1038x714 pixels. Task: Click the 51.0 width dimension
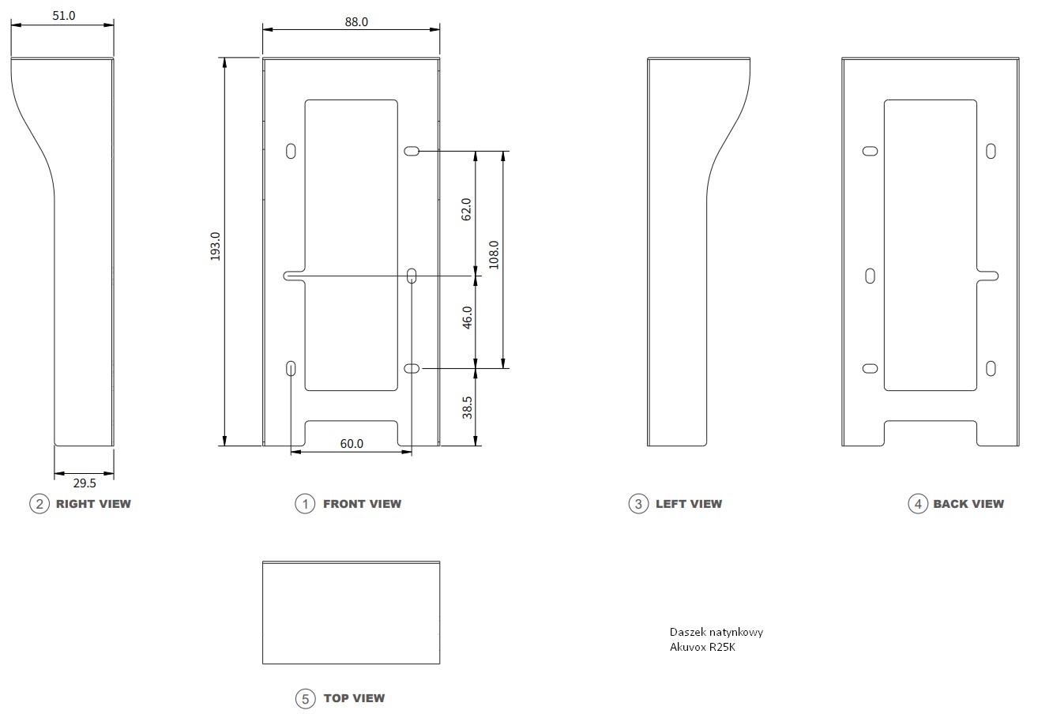coord(63,16)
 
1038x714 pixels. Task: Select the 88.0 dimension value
coord(356,22)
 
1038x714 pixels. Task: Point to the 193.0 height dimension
coord(216,246)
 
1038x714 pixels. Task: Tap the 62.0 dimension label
coord(466,209)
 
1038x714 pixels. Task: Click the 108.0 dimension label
coord(494,254)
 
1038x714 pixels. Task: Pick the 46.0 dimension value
coord(467,318)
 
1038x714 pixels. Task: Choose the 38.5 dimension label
coord(467,408)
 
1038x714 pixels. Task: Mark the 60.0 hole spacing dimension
coord(352,443)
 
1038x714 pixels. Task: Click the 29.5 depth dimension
coord(85,483)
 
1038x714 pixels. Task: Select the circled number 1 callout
coord(305,504)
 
